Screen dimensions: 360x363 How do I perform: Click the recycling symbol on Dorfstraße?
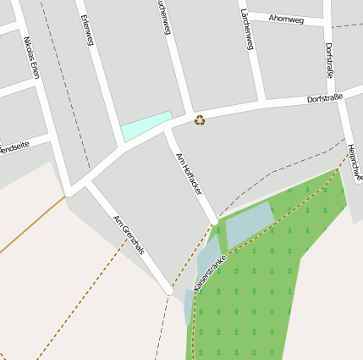coord(200,119)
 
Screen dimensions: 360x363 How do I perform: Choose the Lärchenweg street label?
coord(247,30)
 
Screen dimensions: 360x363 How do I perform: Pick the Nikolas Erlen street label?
coord(32,59)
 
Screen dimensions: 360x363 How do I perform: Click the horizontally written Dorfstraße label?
coord(325,98)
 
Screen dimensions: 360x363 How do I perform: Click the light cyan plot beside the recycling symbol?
coord(146,125)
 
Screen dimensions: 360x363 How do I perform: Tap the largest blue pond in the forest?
coord(249,224)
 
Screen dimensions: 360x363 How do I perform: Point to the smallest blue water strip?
coord(188,307)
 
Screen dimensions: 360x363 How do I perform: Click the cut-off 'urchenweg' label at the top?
coord(164,17)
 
